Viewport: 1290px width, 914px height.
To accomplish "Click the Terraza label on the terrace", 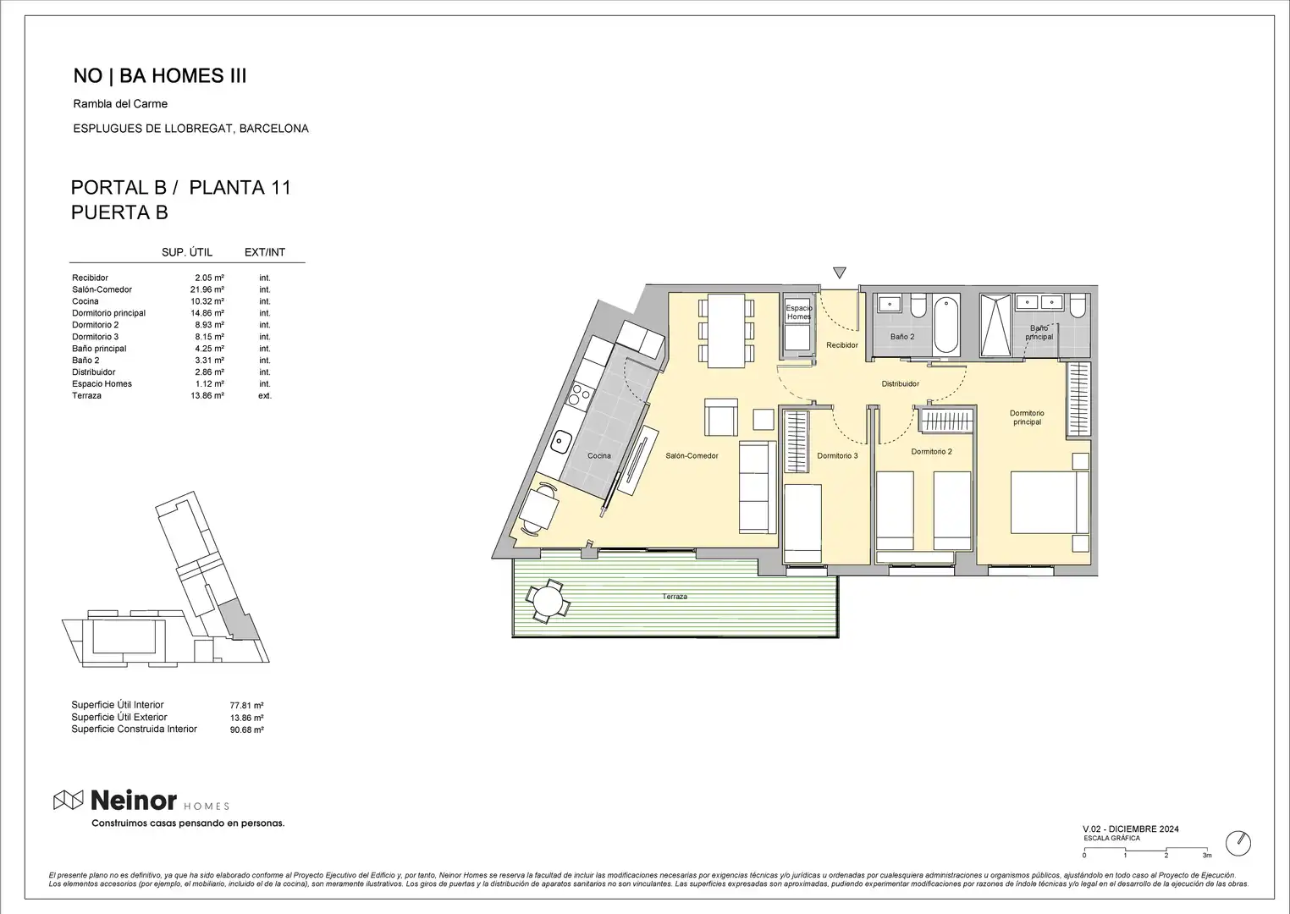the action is [x=675, y=597].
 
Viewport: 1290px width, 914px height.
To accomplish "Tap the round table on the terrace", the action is [x=548, y=601].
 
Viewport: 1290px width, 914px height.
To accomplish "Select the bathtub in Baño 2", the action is [x=946, y=324].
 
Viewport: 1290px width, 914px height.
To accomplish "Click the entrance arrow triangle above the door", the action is [x=840, y=273].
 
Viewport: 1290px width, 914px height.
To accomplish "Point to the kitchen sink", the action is [x=560, y=443].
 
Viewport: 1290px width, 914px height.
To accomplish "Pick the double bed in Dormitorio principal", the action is [x=1050, y=502].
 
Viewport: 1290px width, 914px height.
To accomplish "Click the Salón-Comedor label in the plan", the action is [x=692, y=455].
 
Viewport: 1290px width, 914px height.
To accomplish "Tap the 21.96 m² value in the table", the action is [x=207, y=289].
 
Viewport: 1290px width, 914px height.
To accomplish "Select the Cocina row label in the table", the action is [x=85, y=301].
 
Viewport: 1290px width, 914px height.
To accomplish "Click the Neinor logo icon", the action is [x=69, y=800].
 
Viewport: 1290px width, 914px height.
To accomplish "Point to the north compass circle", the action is [x=1238, y=844].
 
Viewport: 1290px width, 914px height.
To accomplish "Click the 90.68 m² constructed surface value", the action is [x=246, y=730].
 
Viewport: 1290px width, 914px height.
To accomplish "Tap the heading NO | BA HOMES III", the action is [x=159, y=75].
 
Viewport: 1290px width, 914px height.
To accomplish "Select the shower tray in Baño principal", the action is [x=995, y=325].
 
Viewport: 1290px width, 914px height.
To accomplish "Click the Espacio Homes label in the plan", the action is [x=799, y=312].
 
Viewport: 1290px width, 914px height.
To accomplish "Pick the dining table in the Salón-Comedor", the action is [x=726, y=331].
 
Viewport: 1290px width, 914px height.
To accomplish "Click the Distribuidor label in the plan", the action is [x=900, y=383].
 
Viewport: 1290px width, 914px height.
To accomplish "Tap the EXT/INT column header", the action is [x=265, y=252].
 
